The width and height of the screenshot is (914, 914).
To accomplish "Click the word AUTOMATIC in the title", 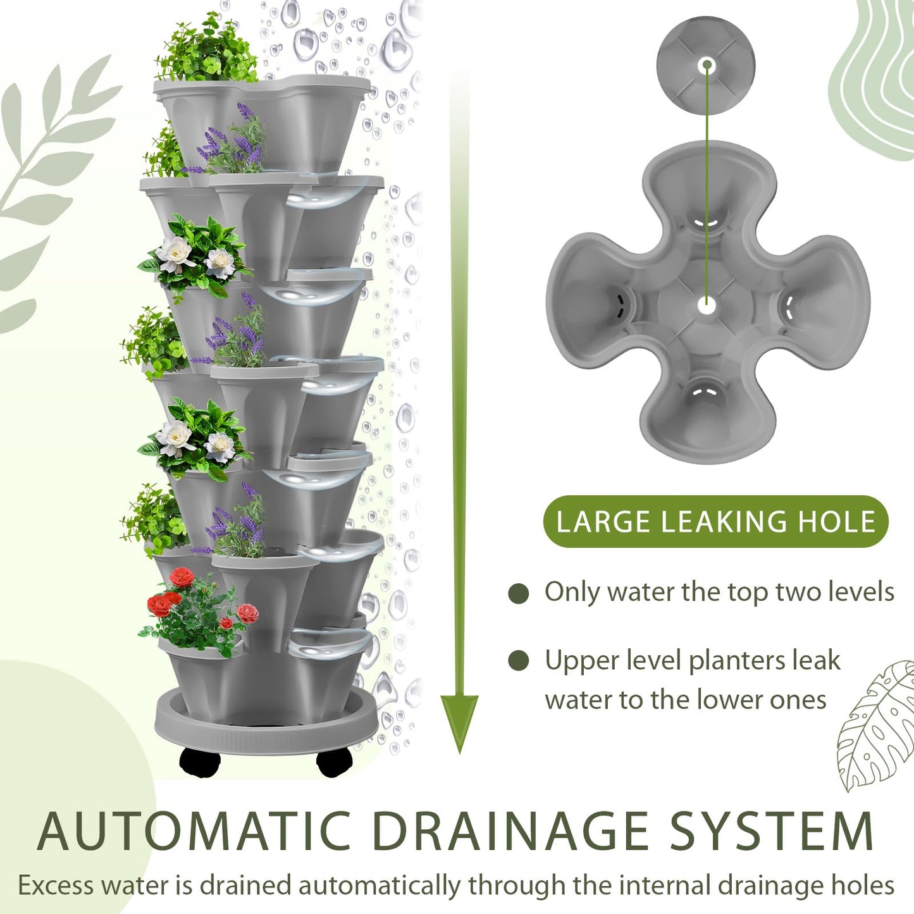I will [x=194, y=831].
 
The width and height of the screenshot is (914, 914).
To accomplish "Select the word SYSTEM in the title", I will [x=772, y=831].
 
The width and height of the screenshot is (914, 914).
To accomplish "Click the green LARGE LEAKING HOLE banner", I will [x=715, y=522].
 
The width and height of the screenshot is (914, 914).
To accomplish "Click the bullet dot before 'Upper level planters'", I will [x=518, y=661].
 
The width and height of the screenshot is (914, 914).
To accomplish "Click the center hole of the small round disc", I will [x=707, y=65].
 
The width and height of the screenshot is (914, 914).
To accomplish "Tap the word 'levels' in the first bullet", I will [x=862, y=592].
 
